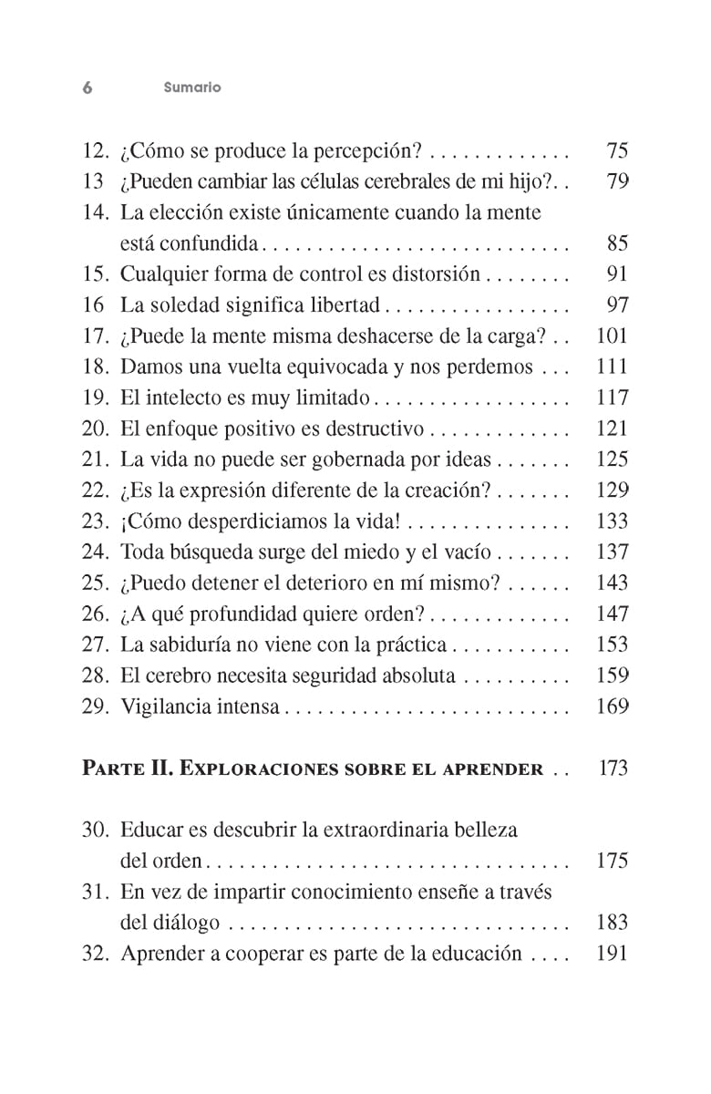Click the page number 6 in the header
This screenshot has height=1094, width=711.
coord(88,88)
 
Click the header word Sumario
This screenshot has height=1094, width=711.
coord(192,88)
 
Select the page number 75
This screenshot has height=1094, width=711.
coord(617,150)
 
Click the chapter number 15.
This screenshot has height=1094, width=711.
coord(95,273)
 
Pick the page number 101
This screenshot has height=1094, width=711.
coord(612,335)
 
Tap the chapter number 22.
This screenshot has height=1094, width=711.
coord(95,490)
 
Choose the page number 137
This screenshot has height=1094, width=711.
coord(612,552)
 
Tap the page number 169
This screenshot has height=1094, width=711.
coord(612,707)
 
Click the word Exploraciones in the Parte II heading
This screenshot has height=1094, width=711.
coord(258,769)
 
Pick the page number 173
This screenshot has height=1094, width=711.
coord(613,769)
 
